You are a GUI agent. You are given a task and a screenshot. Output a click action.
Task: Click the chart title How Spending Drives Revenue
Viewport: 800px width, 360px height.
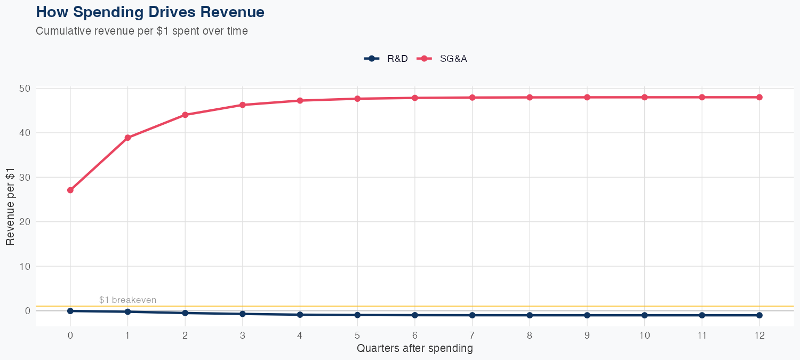[150, 12]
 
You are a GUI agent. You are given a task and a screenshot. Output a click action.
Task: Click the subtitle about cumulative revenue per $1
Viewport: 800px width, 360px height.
[141, 31]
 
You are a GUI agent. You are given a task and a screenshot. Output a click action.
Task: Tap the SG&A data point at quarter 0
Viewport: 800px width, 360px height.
[70, 190]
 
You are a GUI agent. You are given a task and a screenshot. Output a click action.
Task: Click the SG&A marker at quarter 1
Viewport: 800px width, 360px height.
[127, 138]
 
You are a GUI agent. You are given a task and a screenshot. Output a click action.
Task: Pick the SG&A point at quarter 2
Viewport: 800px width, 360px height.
[185, 115]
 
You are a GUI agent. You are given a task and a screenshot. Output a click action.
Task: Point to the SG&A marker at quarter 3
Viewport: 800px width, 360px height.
[243, 105]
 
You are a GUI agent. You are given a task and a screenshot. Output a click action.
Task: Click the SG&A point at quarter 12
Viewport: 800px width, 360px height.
[759, 97]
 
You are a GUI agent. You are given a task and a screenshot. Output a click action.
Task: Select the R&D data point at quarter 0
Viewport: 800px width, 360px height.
[70, 311]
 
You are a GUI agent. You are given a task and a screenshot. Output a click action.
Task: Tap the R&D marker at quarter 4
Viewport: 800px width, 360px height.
[300, 315]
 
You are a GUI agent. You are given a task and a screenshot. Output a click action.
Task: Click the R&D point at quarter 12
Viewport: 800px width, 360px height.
[759, 315]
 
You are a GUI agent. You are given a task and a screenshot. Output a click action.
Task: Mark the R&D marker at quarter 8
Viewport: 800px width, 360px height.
[530, 315]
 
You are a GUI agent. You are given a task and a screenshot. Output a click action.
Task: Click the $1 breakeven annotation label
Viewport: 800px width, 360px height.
[127, 300]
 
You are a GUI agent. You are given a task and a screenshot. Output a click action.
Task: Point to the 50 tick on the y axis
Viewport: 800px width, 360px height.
[24, 88]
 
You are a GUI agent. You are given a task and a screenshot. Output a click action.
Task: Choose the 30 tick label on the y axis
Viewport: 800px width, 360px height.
[24, 177]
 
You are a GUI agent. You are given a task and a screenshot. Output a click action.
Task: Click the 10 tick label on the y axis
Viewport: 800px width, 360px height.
[24, 266]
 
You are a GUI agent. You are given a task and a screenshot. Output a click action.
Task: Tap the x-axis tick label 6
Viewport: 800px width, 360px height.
[415, 335]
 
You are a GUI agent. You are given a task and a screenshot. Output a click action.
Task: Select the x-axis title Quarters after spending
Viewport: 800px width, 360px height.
[414, 349]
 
